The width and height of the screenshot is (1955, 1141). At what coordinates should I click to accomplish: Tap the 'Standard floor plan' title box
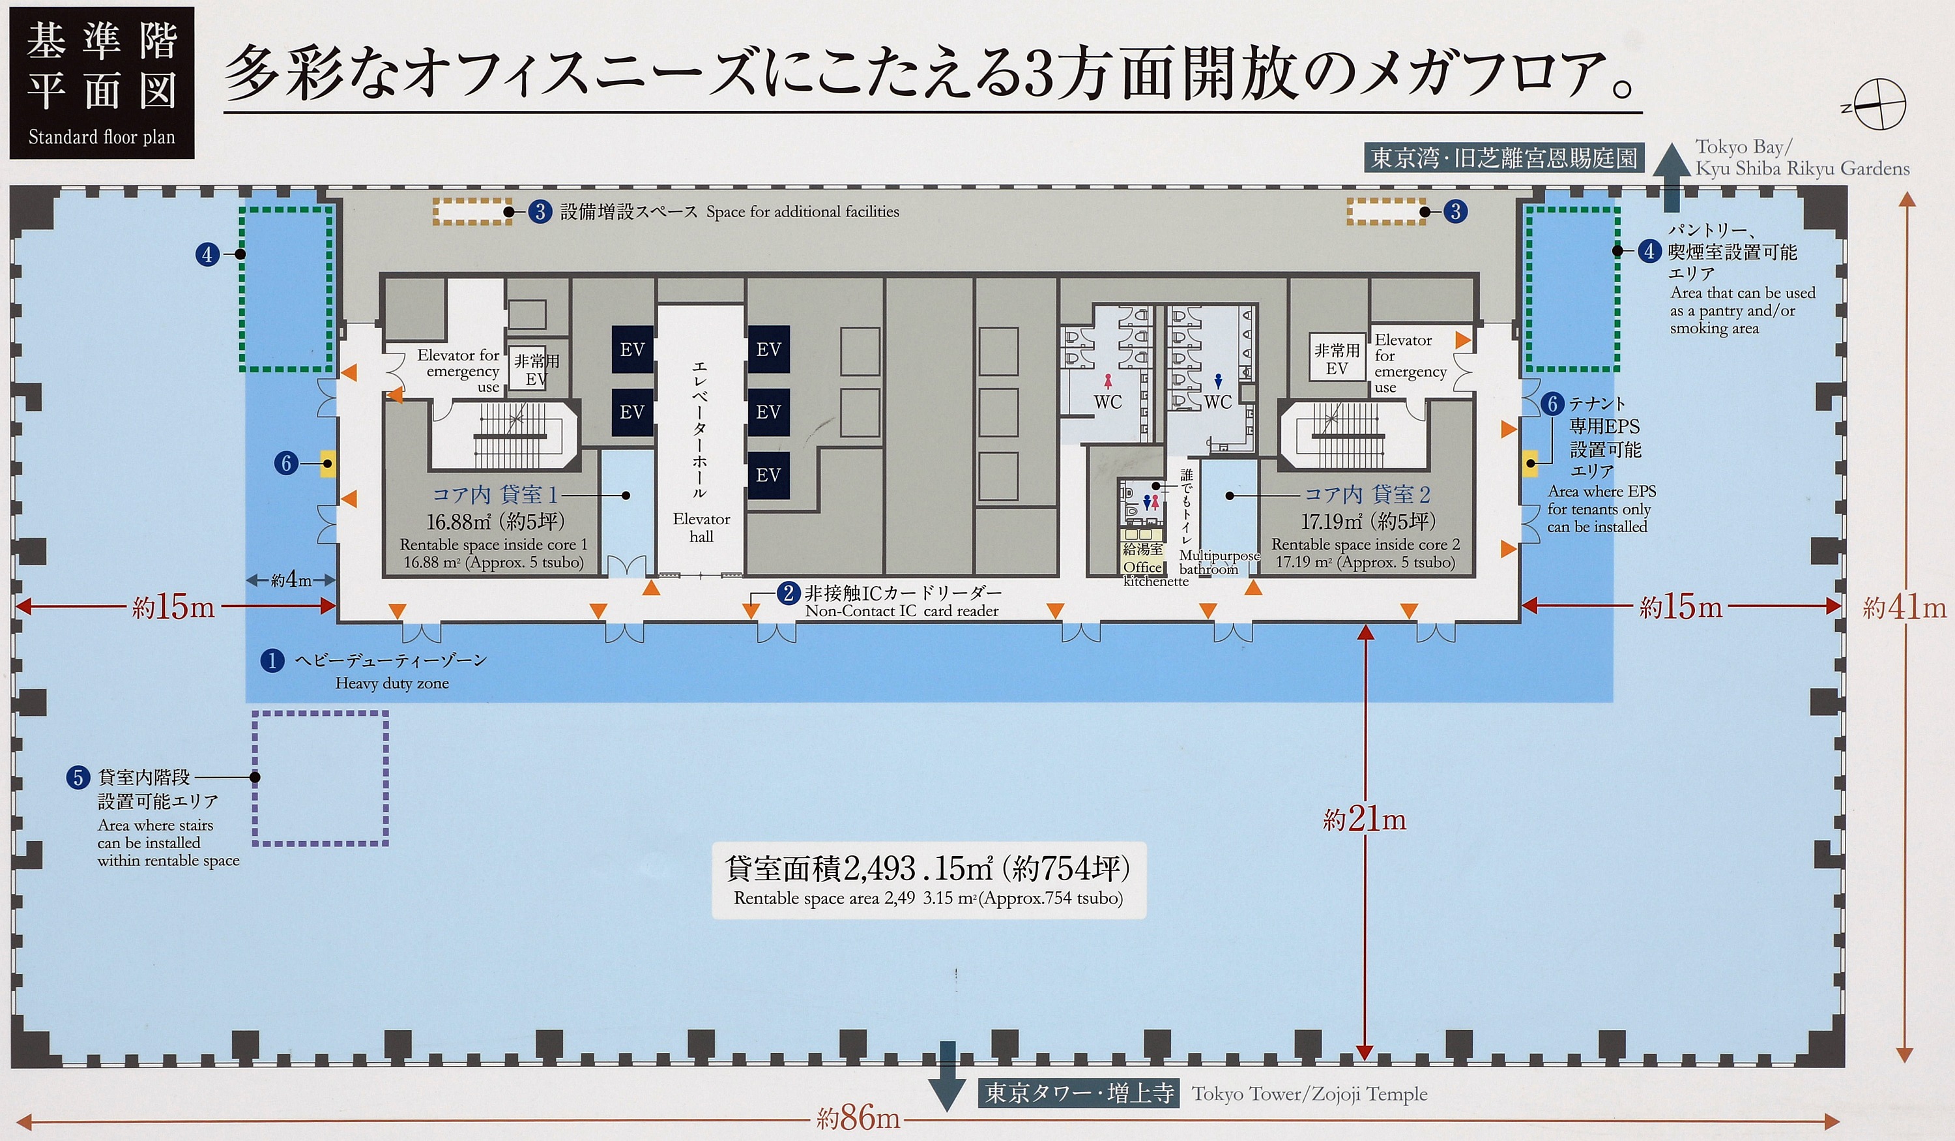click(x=102, y=83)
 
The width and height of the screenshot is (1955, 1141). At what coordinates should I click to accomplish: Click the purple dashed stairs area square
click(x=319, y=778)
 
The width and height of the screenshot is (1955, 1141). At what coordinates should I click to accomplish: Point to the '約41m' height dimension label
click(x=1904, y=608)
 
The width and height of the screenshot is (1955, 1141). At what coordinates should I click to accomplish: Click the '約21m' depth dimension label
click(x=1364, y=819)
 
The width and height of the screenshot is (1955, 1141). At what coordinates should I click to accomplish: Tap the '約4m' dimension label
click(x=291, y=579)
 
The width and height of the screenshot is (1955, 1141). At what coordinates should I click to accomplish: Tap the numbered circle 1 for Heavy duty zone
click(x=272, y=660)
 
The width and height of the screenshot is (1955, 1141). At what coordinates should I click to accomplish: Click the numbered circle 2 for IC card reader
click(x=789, y=594)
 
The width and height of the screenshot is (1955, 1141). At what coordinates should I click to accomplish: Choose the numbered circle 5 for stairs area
click(x=78, y=777)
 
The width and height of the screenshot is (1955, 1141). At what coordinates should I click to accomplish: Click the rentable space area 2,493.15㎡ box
click(x=929, y=880)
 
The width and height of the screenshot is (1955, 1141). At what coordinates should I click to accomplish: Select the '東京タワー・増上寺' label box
click(x=1078, y=1093)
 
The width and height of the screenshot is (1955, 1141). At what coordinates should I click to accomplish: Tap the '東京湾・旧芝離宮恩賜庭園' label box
click(x=1503, y=158)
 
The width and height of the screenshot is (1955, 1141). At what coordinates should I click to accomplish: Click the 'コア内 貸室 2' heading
click(x=1367, y=494)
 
